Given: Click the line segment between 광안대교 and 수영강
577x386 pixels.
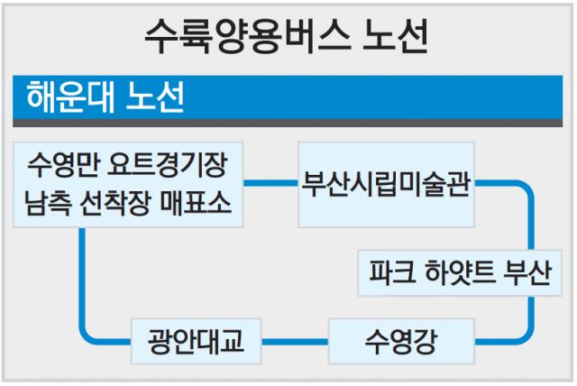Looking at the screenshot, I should pos(295,341).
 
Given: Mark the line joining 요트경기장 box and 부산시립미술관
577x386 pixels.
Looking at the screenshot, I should pos(273,184).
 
